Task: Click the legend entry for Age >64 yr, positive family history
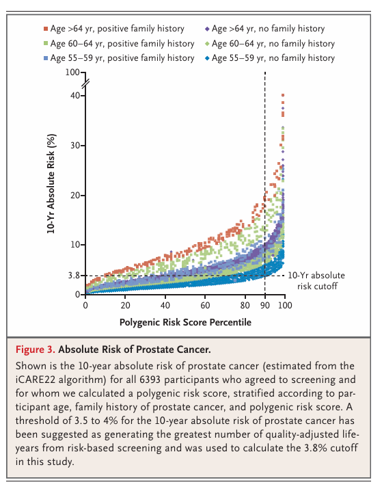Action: point(114,29)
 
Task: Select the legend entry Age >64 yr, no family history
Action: point(264,29)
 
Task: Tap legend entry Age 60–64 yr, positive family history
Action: point(119,44)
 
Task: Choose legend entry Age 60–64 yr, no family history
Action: point(270,44)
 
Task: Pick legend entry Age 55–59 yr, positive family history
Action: point(119,58)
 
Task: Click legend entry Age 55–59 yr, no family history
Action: point(270,58)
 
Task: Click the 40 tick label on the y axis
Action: point(75,95)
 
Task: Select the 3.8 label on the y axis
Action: point(74,276)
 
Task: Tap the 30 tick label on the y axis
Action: point(75,146)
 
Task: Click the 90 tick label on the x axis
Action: point(265,305)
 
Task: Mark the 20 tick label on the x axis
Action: point(125,305)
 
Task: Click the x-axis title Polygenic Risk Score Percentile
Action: point(185,322)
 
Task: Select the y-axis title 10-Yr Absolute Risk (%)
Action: point(51,184)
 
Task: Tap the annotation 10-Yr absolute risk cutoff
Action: point(316,280)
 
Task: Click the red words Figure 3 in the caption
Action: point(36,349)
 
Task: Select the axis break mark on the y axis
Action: point(85,84)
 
